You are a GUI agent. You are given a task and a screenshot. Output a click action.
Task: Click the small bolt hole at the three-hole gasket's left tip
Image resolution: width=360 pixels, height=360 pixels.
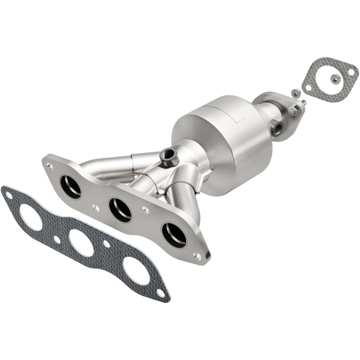pyautogui.click(x=8, y=195)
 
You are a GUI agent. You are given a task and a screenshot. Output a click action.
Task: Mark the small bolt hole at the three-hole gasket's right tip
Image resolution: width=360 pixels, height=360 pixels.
pyautogui.click(x=161, y=293)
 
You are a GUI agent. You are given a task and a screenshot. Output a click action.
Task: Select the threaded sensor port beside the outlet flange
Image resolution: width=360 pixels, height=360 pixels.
pyautogui.click(x=278, y=129)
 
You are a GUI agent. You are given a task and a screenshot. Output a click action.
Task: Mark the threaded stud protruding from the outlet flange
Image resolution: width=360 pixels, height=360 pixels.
pyautogui.click(x=304, y=103)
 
